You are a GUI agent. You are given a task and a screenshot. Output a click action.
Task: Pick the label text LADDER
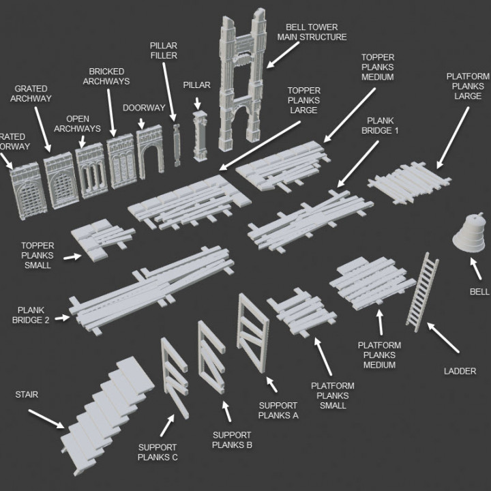pyautogui.click(x=460, y=371)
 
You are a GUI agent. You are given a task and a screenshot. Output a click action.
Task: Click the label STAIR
pyautogui.click(x=27, y=394)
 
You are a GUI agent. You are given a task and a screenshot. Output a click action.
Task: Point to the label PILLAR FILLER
pyautogui.click(x=164, y=50)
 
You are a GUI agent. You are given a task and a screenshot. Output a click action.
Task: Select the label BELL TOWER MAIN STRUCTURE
pyautogui.click(x=312, y=32)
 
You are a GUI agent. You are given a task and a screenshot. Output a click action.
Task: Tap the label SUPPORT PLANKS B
pyautogui.click(x=232, y=440)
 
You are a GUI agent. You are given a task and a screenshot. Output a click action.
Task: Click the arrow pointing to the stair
pyautogui.click(x=47, y=419)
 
